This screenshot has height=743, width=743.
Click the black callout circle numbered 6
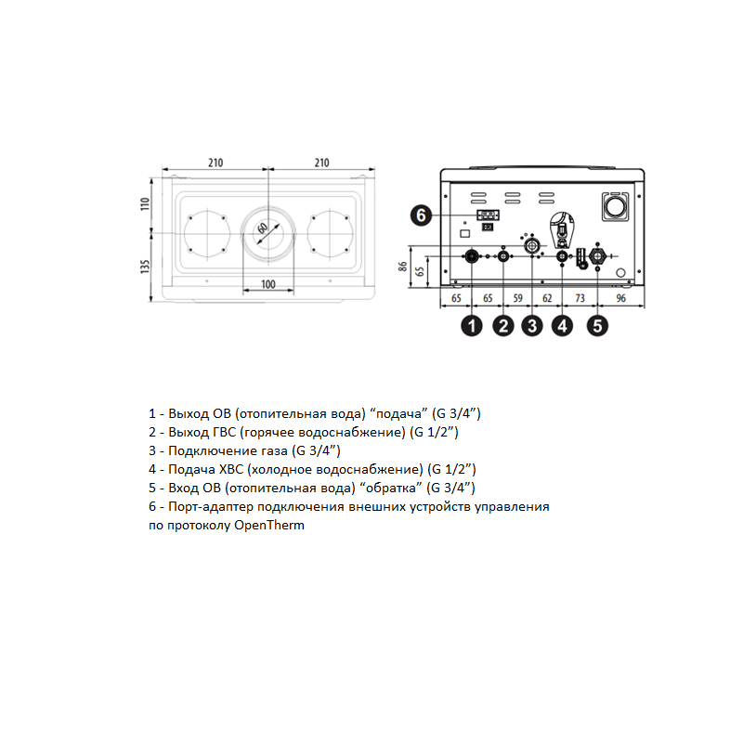(421, 215)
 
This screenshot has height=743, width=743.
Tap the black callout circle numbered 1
(472, 326)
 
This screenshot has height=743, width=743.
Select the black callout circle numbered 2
(503, 326)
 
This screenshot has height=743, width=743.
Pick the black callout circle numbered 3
(532, 326)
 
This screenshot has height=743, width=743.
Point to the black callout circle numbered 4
(563, 326)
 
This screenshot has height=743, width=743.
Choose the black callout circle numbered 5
(597, 326)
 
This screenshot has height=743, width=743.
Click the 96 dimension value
(620, 298)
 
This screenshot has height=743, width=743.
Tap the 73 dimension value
(580, 298)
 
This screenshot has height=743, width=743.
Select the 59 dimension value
(518, 298)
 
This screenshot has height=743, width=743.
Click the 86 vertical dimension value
(402, 267)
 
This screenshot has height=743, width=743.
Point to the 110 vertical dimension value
(145, 204)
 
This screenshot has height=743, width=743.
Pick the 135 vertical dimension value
(145, 267)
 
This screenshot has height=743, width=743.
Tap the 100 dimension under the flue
(268, 284)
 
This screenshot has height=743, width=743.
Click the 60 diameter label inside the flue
(262, 228)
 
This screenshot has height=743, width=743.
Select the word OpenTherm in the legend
(269, 525)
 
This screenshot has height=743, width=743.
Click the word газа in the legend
(271, 450)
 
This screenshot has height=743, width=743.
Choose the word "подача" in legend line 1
(398, 413)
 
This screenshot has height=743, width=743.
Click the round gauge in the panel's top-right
(615, 206)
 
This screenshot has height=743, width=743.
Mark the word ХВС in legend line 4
(231, 469)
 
